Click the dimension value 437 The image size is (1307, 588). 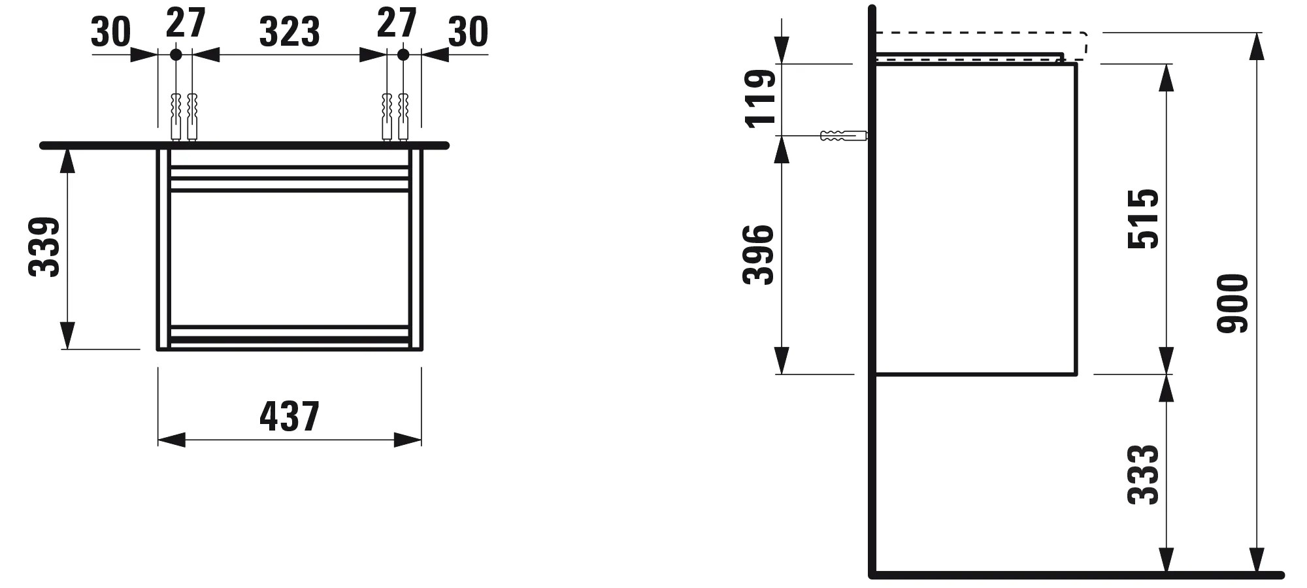[x=290, y=416]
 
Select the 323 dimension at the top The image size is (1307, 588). [x=290, y=32]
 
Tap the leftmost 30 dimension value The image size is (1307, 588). [x=110, y=32]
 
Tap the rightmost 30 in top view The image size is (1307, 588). [x=468, y=32]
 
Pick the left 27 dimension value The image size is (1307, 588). [x=186, y=23]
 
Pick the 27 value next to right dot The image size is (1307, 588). [x=397, y=23]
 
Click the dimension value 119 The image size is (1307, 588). [x=760, y=98]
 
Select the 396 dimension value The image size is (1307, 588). [x=759, y=254]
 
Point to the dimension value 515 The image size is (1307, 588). [x=1144, y=218]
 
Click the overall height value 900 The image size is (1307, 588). [x=1233, y=303]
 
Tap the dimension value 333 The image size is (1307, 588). [x=1144, y=474]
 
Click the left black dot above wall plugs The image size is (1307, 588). [x=176, y=55]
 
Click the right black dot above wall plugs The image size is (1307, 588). [x=403, y=55]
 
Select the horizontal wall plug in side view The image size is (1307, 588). [x=843, y=136]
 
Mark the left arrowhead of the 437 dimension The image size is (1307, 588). [x=171, y=440]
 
